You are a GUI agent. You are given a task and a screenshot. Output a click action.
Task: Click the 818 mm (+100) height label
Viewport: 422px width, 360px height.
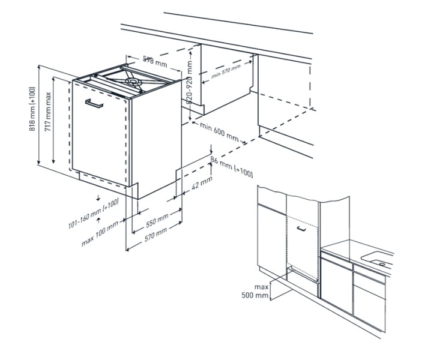32,109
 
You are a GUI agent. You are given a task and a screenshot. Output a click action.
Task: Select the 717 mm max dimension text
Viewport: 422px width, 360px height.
48,112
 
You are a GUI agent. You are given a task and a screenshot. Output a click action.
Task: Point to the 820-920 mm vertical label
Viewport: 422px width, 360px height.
190,82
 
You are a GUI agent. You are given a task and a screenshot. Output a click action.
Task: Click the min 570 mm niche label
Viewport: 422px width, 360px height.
226,71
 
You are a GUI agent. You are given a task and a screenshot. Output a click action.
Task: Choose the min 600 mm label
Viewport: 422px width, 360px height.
219,131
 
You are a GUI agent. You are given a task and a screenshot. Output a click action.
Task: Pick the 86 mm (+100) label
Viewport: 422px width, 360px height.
232,167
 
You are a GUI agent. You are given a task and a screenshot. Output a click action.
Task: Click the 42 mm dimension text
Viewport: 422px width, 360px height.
202,183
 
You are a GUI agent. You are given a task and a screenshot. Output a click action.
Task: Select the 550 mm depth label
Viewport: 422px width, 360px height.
157,220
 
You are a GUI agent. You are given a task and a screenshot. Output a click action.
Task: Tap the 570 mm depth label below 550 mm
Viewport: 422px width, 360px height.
155,234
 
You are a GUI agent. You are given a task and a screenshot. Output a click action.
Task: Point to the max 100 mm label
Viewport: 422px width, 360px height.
100,234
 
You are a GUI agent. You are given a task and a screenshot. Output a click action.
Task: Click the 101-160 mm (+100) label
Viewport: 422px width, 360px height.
94,214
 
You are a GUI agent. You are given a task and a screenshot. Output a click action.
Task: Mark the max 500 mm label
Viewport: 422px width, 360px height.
255,291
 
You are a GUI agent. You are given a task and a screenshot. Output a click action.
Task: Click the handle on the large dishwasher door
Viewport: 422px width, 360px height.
94,103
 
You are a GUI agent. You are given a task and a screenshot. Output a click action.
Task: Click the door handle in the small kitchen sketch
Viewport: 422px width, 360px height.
301,229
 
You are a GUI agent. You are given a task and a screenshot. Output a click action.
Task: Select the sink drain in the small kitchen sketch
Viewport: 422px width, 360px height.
382,264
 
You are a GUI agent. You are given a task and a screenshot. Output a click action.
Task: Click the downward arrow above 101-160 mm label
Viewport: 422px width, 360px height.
98,198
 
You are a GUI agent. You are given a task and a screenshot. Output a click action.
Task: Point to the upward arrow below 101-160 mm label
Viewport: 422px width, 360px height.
98,220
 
